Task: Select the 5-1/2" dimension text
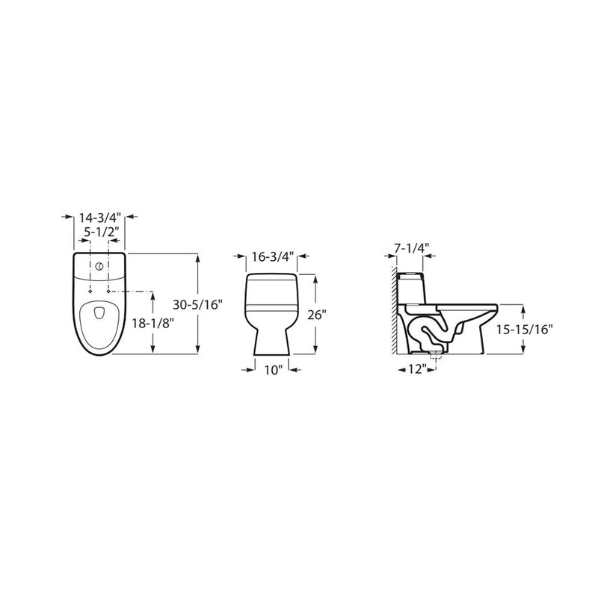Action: [99, 232]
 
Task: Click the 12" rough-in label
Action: [416, 369]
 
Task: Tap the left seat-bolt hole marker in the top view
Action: [90, 290]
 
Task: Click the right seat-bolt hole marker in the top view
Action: [109, 290]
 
